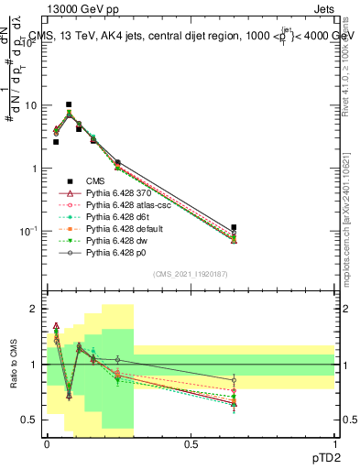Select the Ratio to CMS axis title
15,363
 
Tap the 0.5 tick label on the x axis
191,443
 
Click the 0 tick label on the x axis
47,443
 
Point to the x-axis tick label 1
334,443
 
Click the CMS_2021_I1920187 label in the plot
191,274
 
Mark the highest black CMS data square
69,104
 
